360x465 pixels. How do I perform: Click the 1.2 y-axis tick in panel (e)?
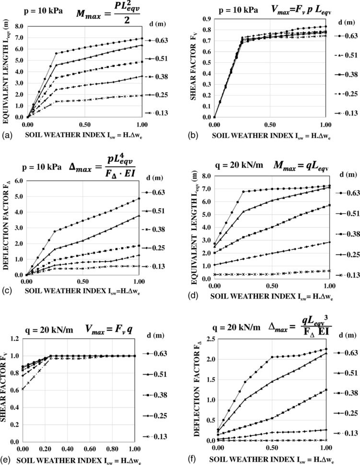click(15, 338)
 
